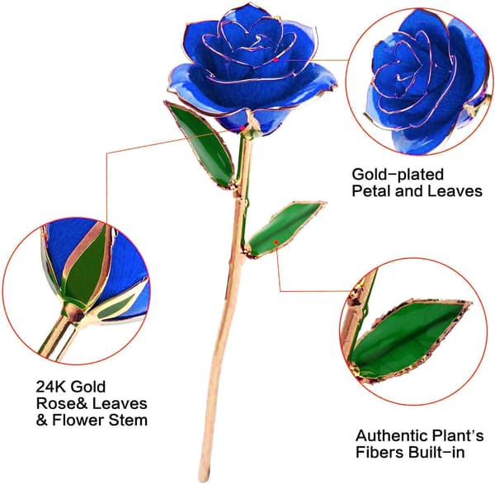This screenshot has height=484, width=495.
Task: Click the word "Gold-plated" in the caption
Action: (x=398, y=175)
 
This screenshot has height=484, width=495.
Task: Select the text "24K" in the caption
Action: (x=50, y=388)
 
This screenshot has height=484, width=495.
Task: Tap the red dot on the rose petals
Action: (x=276, y=59)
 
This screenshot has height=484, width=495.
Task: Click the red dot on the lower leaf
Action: (x=276, y=242)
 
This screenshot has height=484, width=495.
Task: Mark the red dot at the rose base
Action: (x=243, y=128)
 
